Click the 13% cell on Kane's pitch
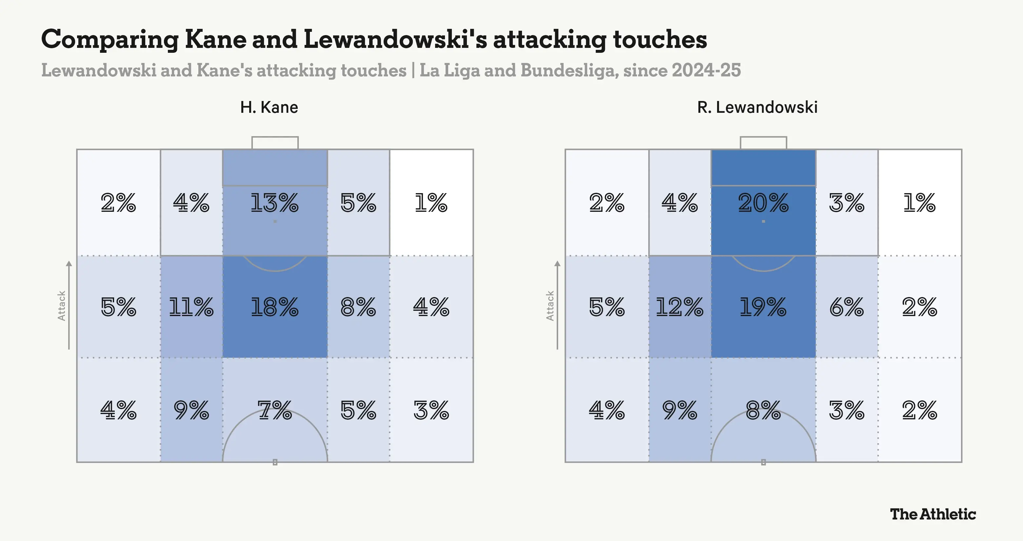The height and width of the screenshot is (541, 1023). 274,203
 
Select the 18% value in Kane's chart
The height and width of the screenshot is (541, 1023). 274,307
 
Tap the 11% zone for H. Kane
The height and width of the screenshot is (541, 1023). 191,307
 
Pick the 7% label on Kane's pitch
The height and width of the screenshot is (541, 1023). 274,410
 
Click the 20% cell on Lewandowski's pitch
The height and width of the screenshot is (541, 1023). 763,203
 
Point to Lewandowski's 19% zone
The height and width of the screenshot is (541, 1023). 763,307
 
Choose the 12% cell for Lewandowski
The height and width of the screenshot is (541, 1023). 679,307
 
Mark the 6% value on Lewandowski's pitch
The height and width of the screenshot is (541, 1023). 847,307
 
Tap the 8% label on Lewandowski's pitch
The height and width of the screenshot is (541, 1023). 763,410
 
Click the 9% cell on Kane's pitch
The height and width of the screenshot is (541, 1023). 191,410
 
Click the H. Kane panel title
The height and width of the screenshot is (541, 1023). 269,107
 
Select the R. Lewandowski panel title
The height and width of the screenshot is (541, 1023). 757,107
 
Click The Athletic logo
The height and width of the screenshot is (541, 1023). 933,514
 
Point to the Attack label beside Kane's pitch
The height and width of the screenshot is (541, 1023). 61,306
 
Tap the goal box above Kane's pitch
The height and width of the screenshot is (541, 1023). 275,143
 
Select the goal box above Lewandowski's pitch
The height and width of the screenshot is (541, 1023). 763,143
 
